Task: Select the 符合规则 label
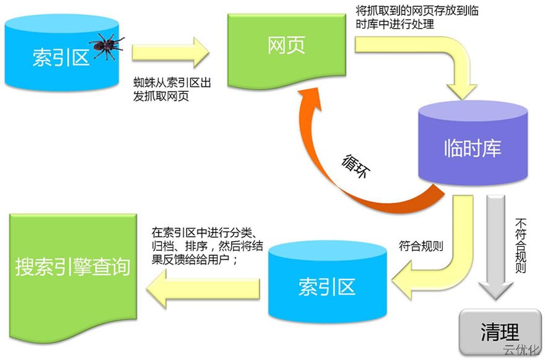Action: pyautogui.click(x=421, y=246)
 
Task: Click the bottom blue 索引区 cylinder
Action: pyautogui.click(x=326, y=286)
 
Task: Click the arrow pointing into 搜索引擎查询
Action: pyautogui.click(x=204, y=286)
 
